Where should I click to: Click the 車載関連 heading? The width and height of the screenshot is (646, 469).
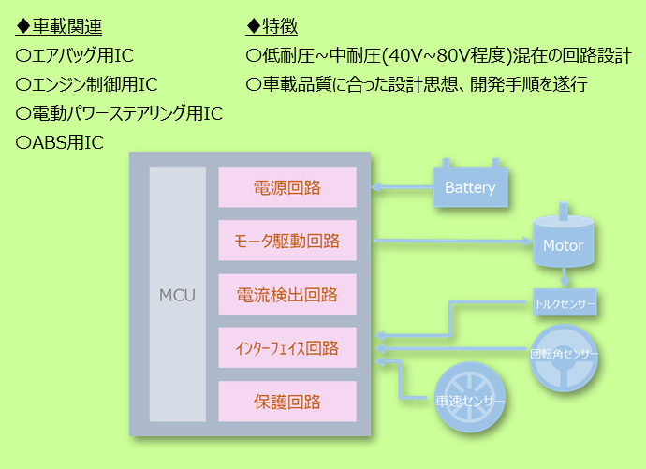pyautogui.click(x=58, y=26)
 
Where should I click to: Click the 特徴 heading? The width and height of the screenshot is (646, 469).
pyautogui.click(x=272, y=26)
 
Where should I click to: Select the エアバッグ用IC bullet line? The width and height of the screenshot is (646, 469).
pyautogui.click(x=75, y=55)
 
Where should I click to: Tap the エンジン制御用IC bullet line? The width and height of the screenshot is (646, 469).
pyautogui.click(x=86, y=84)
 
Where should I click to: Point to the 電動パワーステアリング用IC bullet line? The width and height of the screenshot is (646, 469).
pyautogui.click(x=119, y=113)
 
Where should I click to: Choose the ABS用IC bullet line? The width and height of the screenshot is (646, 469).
pyautogui.click(x=59, y=142)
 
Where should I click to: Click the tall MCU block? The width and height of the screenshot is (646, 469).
pyautogui.click(x=178, y=294)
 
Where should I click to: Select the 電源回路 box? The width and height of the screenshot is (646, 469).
pyautogui.click(x=287, y=187)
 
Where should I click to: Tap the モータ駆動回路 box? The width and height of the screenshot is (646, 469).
pyautogui.click(x=287, y=241)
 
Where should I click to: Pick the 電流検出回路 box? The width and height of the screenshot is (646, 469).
pyautogui.click(x=287, y=294)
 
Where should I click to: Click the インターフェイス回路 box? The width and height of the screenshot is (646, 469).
pyautogui.click(x=287, y=347)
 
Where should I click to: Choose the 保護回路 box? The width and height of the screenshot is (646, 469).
pyautogui.click(x=287, y=401)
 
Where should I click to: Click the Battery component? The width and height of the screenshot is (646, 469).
pyautogui.click(x=470, y=186)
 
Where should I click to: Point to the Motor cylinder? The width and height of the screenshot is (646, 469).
pyautogui.click(x=564, y=242)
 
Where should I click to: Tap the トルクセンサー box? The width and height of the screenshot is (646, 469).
pyautogui.click(x=565, y=302)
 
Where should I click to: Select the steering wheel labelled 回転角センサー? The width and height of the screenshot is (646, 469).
pyautogui.click(x=564, y=358)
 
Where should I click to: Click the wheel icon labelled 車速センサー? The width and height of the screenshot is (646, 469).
pyautogui.click(x=470, y=398)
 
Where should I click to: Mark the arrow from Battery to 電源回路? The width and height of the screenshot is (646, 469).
pyautogui.click(x=402, y=187)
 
